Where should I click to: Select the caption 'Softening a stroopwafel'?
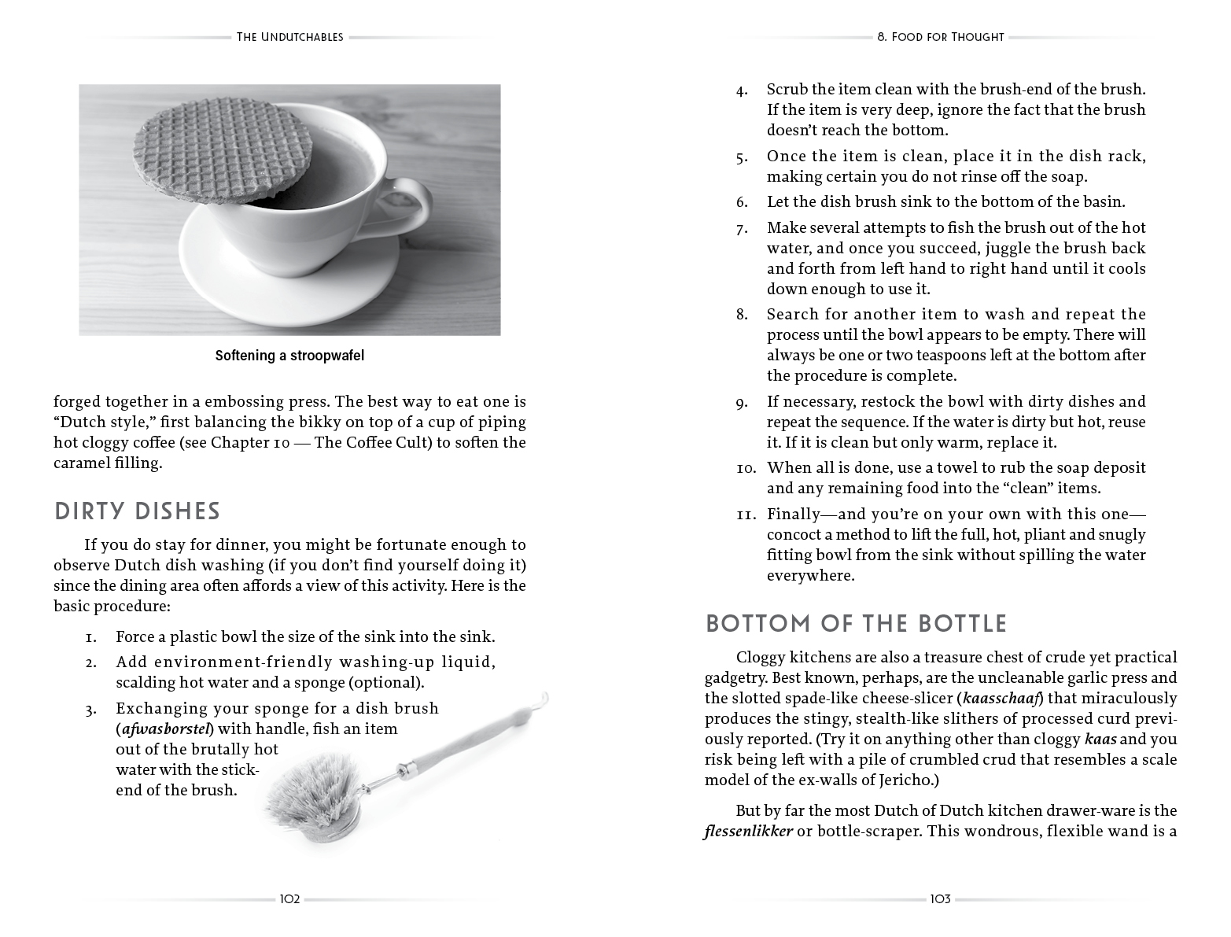pyautogui.click(x=289, y=356)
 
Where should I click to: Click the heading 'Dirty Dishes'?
pyautogui.click(x=137, y=511)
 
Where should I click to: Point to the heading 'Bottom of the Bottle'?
pyautogui.click(x=856, y=624)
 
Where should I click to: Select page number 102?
pyautogui.click(x=289, y=899)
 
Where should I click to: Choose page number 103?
pyautogui.click(x=940, y=899)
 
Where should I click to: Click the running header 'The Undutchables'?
pyautogui.click(x=289, y=37)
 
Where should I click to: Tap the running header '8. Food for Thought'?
pyautogui.click(x=940, y=37)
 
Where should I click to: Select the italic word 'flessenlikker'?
pyautogui.click(x=748, y=831)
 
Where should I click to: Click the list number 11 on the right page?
pyautogui.click(x=745, y=515)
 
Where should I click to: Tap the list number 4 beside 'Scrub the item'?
pyautogui.click(x=742, y=90)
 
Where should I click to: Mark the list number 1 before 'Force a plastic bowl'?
pyautogui.click(x=91, y=637)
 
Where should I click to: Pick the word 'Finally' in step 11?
pyautogui.click(x=792, y=514)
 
